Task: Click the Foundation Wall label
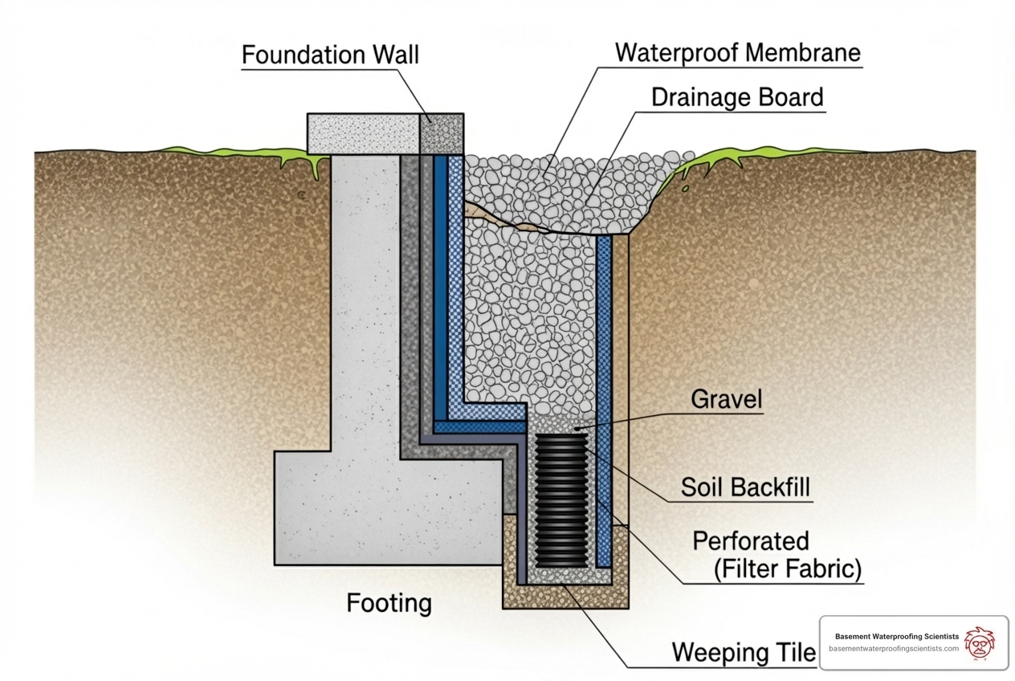coord(330,55)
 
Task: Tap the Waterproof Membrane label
coord(737,53)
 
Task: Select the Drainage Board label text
coord(737,97)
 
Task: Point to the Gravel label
coord(725,399)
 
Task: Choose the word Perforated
coord(750,540)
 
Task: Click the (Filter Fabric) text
coord(787,569)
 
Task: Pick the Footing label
coord(389,603)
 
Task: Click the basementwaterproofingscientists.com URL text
coord(893,649)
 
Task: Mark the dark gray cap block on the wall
coord(442,133)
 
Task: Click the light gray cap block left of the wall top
coord(364,133)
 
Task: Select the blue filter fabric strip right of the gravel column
coord(604,385)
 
